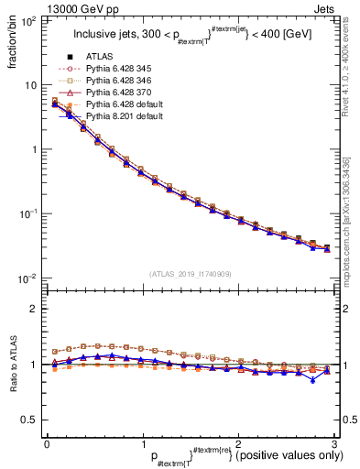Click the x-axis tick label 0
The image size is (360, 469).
[47, 443]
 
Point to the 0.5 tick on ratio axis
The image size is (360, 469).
[31, 420]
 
